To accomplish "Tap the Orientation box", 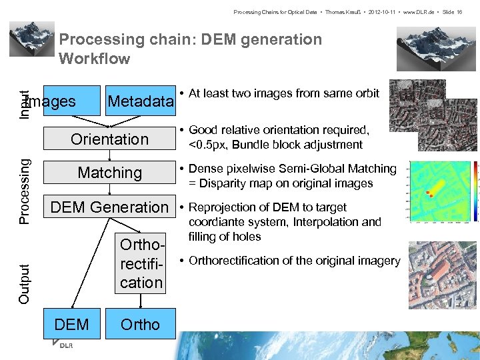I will (x=109, y=139).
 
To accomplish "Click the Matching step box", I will (x=109, y=173).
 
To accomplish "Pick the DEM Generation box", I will (x=109, y=207).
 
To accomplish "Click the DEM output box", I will (x=71, y=325).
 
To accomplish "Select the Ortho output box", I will (x=141, y=325).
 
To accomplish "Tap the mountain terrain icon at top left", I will (x=31, y=39).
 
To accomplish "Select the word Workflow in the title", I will (x=95, y=59).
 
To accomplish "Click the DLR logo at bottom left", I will (x=64, y=345).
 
